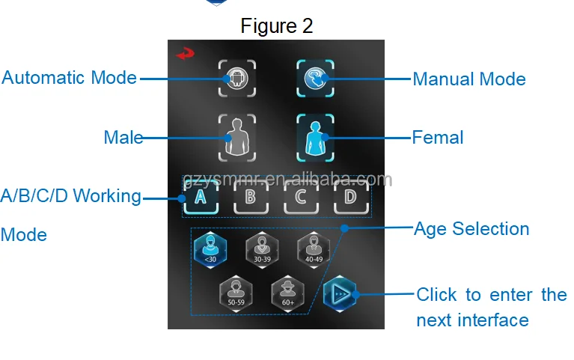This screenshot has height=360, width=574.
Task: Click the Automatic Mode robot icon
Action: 237,78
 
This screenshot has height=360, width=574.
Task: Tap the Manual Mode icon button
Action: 314,78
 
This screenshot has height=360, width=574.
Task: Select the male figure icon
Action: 237,138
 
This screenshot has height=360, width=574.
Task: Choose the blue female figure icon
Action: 314,138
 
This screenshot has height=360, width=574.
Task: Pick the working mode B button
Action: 250,198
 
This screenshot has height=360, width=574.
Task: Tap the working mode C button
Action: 300,198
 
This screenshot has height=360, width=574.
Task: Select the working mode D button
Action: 349,198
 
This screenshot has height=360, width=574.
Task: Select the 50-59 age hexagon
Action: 236,292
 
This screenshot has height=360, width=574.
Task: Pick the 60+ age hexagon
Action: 287,292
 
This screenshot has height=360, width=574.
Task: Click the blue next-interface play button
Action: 341,294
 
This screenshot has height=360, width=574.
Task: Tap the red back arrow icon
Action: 183,54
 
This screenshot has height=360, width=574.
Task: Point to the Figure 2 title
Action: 276,26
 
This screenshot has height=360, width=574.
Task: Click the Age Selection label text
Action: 471,229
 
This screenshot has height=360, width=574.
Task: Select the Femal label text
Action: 438,138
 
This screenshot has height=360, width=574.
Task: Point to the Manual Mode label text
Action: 469,79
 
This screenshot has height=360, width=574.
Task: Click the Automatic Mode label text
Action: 69,78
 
